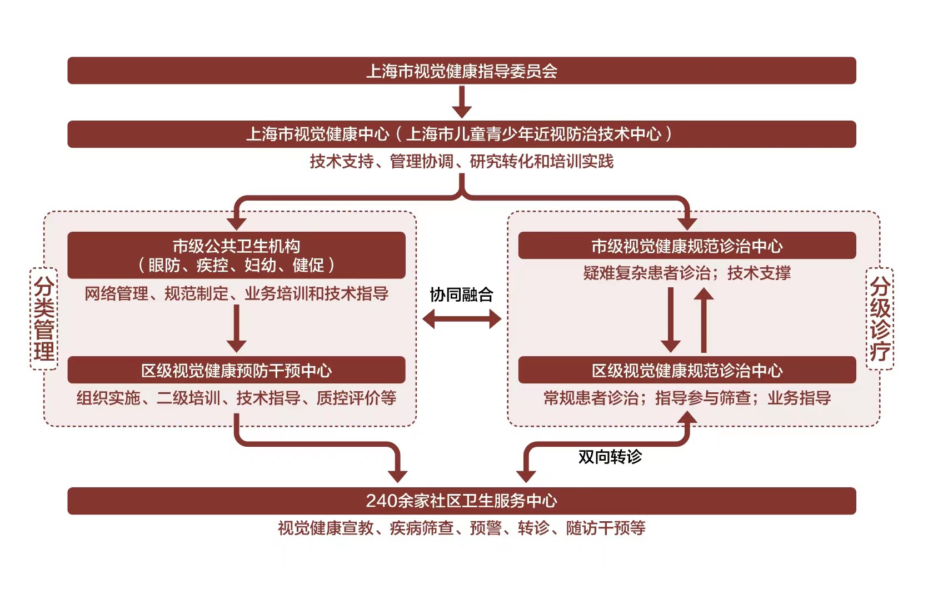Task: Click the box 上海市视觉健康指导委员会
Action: (461, 71)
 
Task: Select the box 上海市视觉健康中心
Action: (461, 134)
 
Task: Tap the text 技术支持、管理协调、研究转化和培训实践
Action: (461, 162)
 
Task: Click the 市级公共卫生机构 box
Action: (236, 255)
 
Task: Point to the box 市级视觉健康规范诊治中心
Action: (687, 246)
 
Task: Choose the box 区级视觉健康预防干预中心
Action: (236, 370)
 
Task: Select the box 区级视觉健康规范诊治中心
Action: (687, 370)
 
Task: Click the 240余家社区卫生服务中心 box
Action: (461, 501)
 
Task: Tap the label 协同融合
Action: (461, 294)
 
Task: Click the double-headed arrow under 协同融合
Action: (461, 319)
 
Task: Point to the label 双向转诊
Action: (610, 457)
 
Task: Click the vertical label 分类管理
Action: (44, 319)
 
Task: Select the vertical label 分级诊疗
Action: (880, 319)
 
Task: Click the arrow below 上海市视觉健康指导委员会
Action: (461, 102)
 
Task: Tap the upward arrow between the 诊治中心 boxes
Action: (704, 320)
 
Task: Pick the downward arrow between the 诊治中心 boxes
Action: (670, 320)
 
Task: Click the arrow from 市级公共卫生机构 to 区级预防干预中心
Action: (236, 328)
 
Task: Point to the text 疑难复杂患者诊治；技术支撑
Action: (687, 273)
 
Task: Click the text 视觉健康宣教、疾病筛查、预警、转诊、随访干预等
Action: (461, 528)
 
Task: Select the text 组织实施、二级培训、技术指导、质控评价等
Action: (236, 398)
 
